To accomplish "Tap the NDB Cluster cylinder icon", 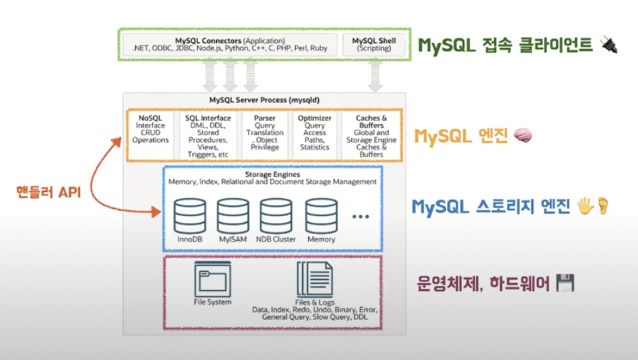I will click(276, 214).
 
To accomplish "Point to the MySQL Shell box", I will click(375, 44).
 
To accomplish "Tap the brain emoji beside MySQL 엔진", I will click(522, 137).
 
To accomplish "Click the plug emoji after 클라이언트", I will click(609, 45).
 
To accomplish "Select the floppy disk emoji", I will click(566, 284).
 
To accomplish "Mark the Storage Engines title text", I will click(272, 174).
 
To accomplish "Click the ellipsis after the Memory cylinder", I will click(360, 217).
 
